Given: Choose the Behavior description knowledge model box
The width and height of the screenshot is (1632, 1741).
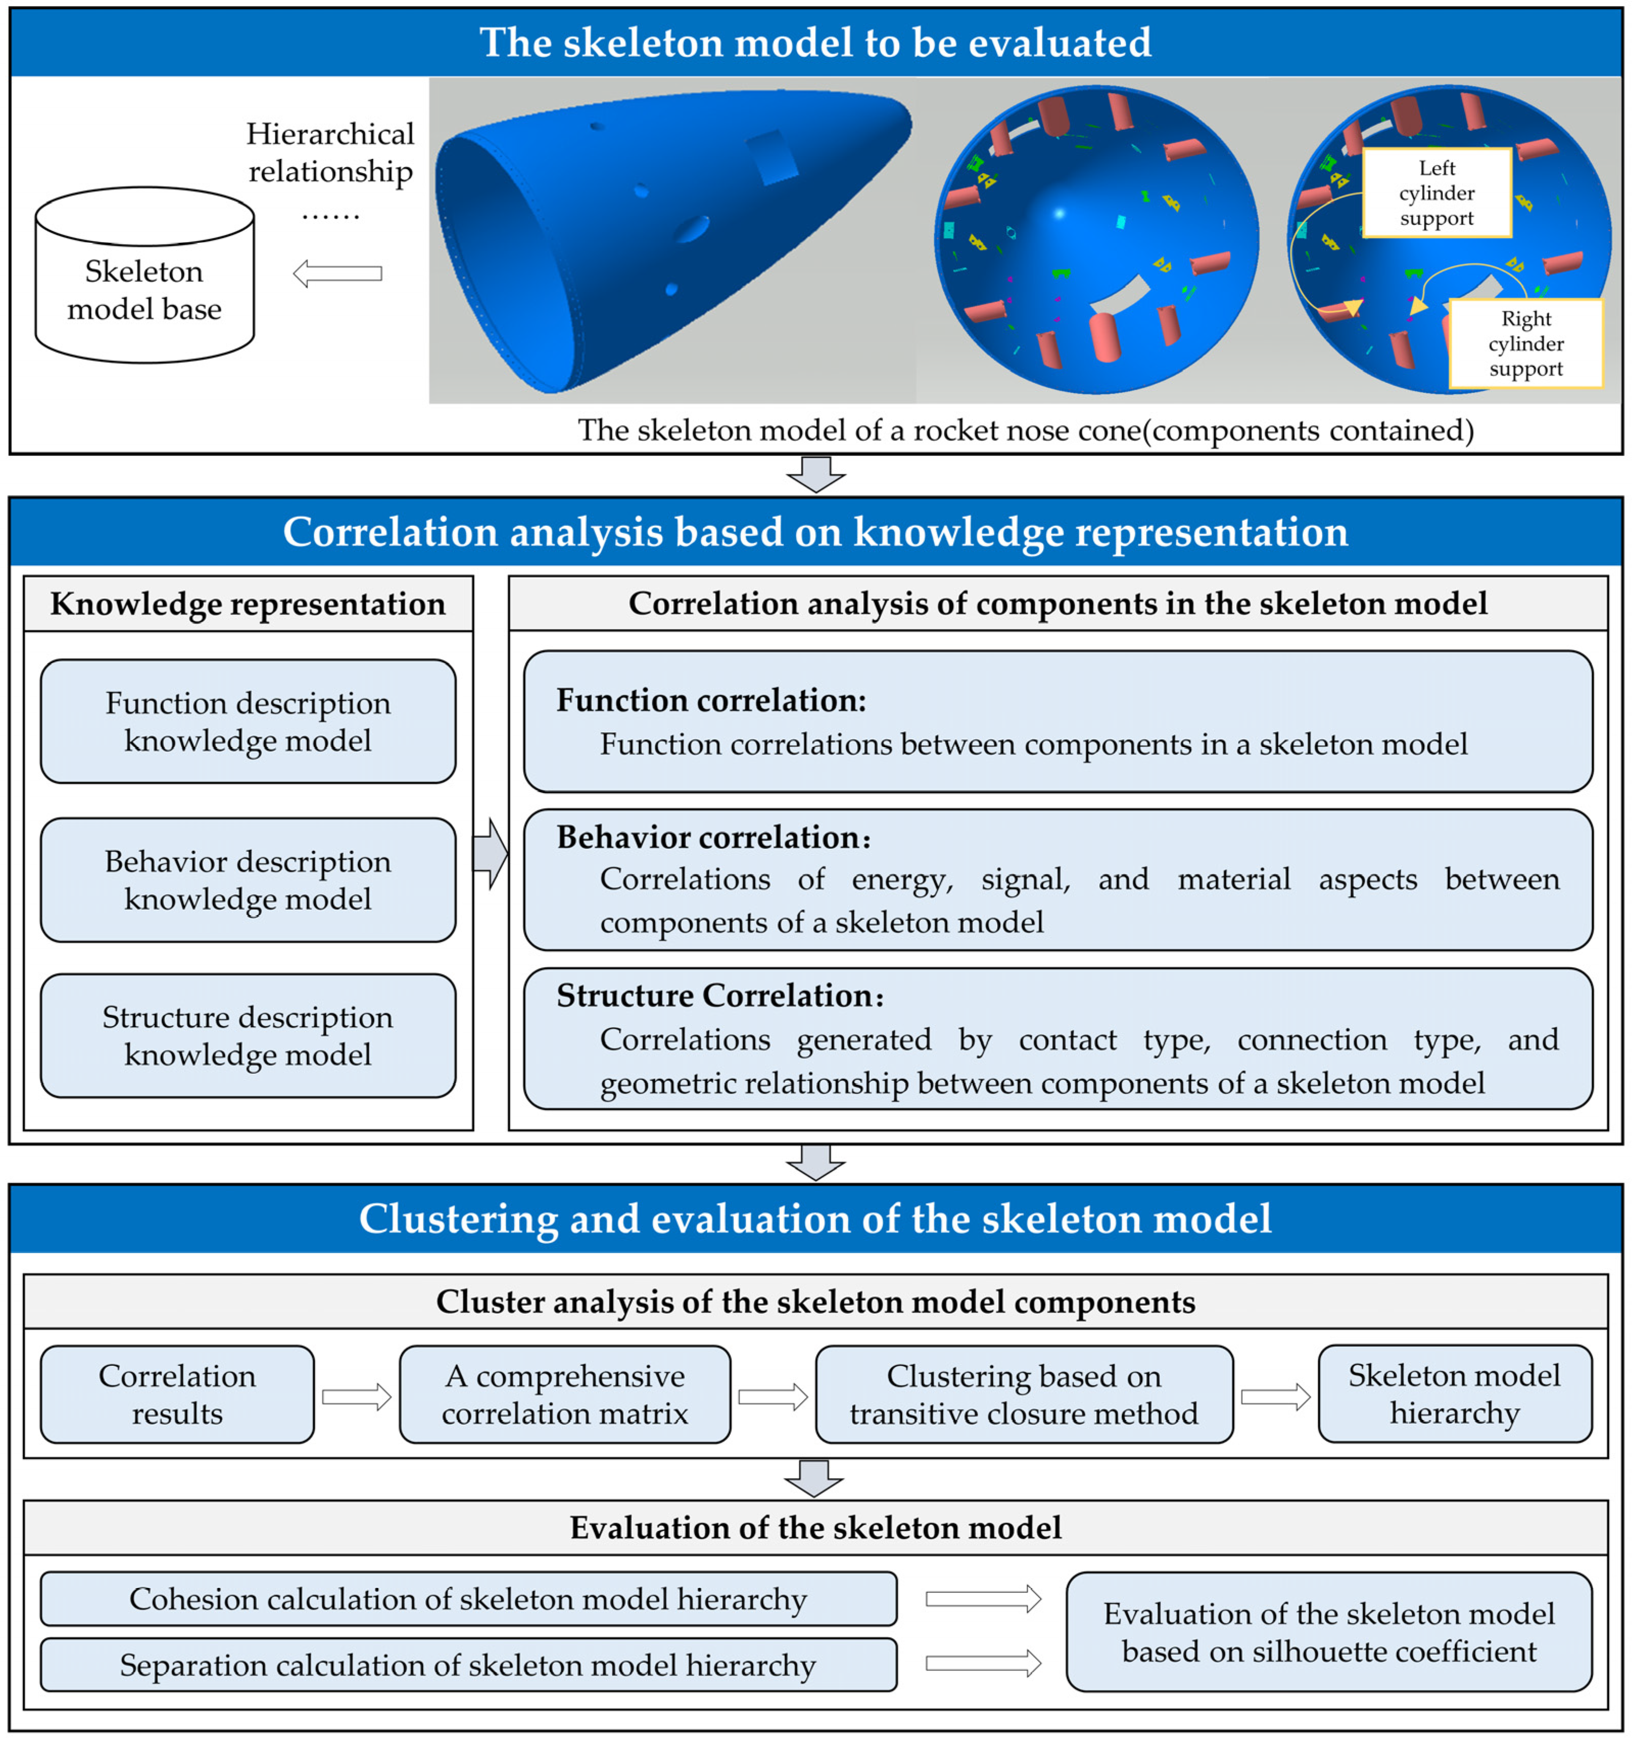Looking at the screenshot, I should point(248,880).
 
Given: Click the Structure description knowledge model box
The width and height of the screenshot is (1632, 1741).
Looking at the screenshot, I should point(248,1036).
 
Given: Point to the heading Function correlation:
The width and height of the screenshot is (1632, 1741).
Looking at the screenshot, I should point(711,701).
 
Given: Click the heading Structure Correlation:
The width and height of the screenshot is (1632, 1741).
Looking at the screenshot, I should point(720,996).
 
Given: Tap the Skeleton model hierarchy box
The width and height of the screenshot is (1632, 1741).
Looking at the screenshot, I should point(1454,1394).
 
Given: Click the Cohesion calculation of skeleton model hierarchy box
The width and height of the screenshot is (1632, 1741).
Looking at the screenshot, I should point(468,1599).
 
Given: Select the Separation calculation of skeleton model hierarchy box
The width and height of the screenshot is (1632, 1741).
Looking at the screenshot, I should point(468,1665).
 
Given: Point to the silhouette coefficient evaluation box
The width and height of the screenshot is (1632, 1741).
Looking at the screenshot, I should point(1328,1632).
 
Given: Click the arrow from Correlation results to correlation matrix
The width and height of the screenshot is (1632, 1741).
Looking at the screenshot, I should point(357,1397).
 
